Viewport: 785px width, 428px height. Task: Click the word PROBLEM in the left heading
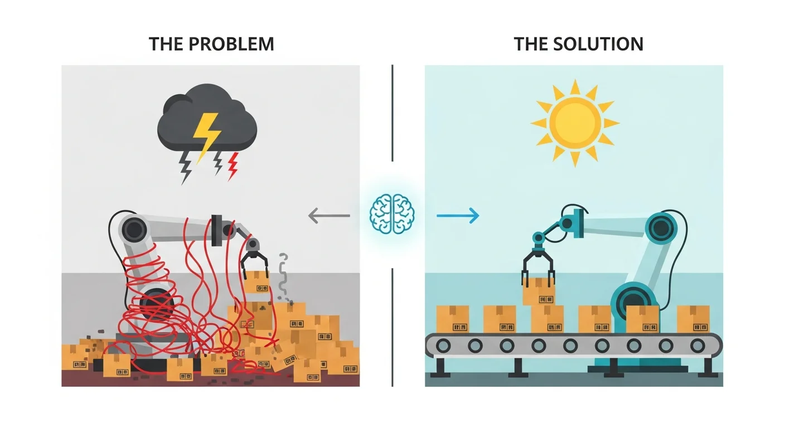[231, 44]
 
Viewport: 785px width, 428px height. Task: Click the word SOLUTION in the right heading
[598, 44]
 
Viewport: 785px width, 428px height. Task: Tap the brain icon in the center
[392, 213]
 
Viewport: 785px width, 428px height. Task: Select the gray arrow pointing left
[329, 216]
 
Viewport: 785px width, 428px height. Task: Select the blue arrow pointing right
[458, 216]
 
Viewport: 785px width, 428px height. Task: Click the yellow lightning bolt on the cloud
[207, 137]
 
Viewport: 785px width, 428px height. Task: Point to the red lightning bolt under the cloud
[232, 166]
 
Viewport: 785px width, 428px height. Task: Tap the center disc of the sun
[575, 122]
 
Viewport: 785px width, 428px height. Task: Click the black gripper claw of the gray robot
[254, 265]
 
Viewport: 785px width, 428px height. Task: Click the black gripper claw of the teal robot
[538, 265]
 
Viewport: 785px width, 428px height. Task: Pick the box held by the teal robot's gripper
[539, 291]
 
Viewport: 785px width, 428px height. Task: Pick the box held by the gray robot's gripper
[257, 283]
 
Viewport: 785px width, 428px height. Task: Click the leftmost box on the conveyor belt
[453, 319]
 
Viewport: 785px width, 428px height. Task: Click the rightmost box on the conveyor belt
[693, 319]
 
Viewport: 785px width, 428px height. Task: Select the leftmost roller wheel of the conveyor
[443, 346]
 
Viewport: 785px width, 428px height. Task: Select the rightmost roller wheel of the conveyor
[697, 346]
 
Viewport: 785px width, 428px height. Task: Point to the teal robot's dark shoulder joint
[662, 228]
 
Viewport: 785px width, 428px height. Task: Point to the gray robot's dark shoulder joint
[134, 230]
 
